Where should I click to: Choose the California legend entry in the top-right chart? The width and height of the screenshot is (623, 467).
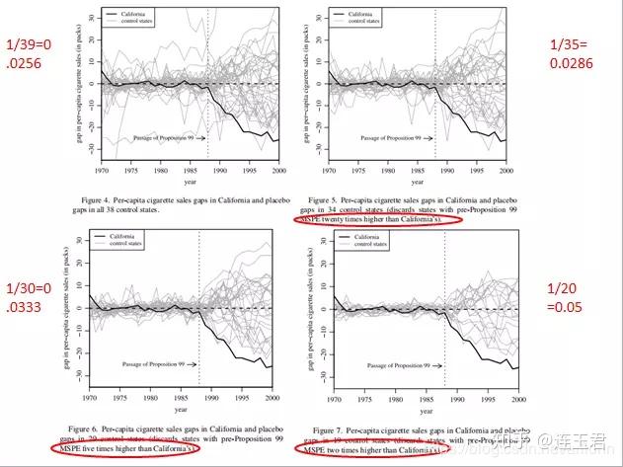(x=380, y=16)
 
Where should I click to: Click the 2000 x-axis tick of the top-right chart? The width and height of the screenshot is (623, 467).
(x=518, y=166)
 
